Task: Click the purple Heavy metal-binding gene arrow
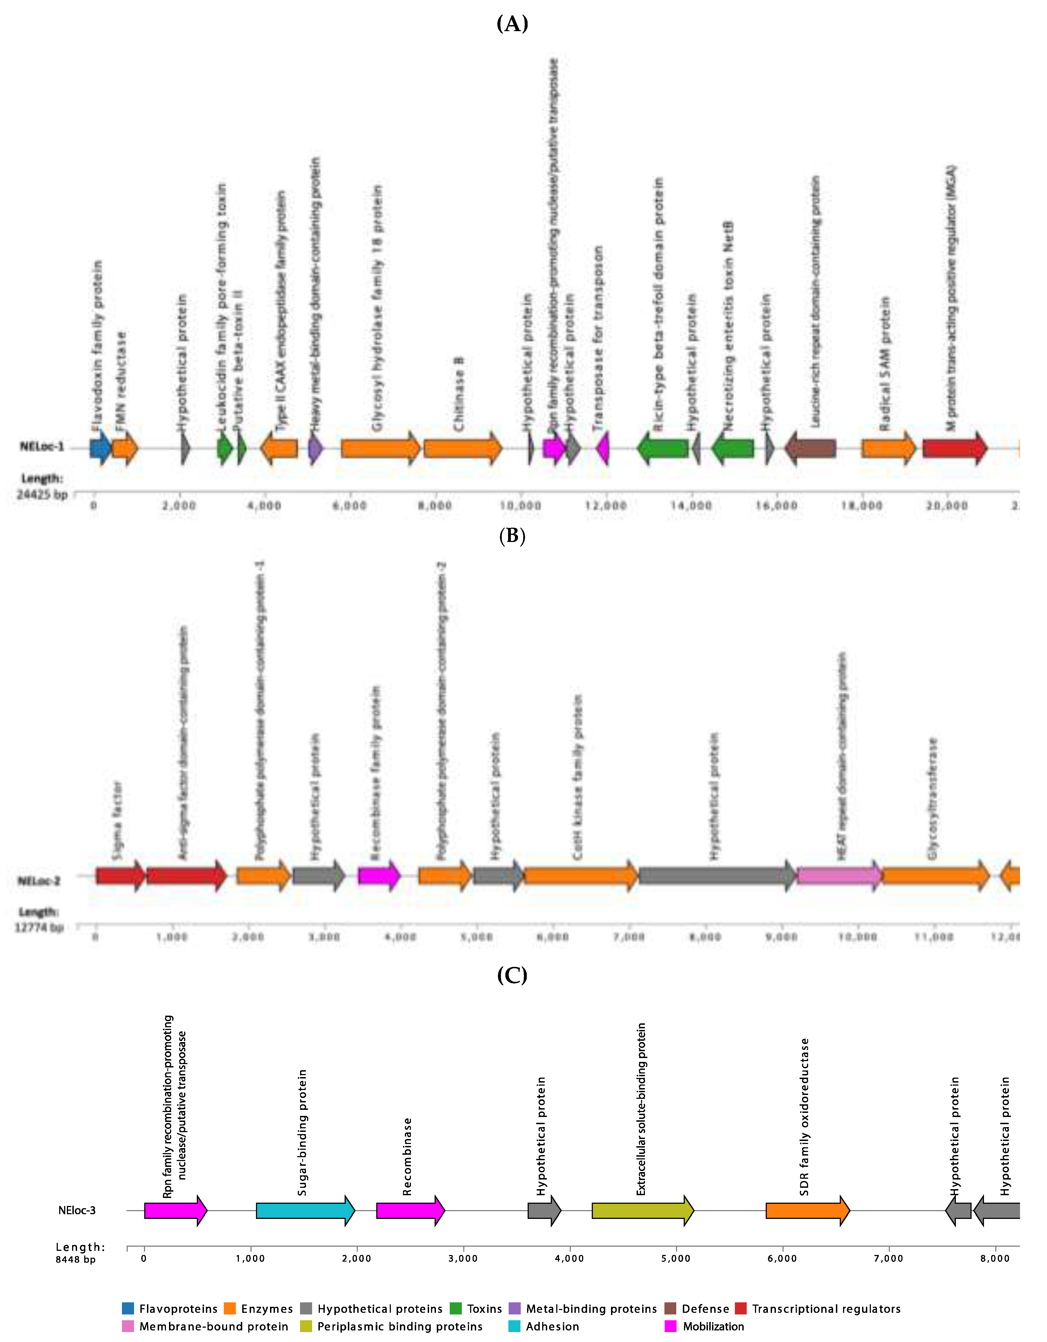coord(315,449)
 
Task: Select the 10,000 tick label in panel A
coord(520,506)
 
